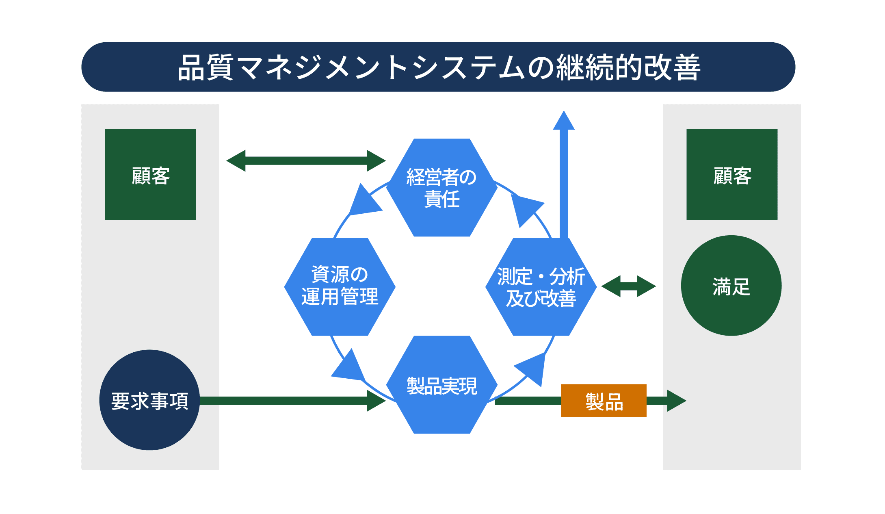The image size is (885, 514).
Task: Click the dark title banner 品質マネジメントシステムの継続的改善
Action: point(438,67)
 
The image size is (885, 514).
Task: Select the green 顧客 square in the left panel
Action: point(150,174)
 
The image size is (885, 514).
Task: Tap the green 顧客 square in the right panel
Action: point(731,174)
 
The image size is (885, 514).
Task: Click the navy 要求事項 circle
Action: point(149,400)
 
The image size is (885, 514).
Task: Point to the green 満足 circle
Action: point(731,286)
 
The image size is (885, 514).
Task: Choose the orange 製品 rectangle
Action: point(604,401)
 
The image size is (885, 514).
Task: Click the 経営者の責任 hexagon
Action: point(441,187)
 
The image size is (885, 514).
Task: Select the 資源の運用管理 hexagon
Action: point(340,286)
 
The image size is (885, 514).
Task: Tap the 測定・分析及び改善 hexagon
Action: point(541,286)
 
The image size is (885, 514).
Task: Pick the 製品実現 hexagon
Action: point(441,385)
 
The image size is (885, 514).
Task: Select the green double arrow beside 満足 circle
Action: point(628,286)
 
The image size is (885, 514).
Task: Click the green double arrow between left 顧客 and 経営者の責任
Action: point(306,161)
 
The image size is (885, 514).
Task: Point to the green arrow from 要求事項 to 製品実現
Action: point(292,401)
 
